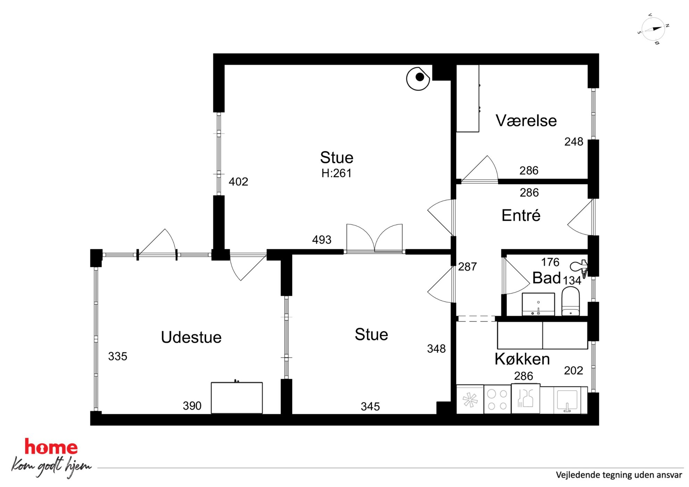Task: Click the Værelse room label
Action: [x=526, y=121]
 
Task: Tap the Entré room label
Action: [x=521, y=215]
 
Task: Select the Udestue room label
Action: [x=191, y=337]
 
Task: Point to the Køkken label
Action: [x=522, y=359]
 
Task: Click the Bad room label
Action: [x=546, y=278]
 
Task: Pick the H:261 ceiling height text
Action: [x=336, y=173]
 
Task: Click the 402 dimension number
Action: [x=238, y=182]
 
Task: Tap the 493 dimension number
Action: [x=322, y=240]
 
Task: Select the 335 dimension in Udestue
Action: [x=117, y=356]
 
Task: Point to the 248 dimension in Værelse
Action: [x=574, y=142]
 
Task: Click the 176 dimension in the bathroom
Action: [x=550, y=262]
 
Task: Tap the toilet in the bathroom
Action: [x=571, y=301]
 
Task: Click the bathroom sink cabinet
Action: [x=538, y=304]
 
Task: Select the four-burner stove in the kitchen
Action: [x=497, y=399]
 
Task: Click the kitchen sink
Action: [x=567, y=400]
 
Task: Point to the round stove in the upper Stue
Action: [x=418, y=78]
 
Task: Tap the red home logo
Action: [x=51, y=446]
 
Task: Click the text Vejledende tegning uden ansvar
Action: [x=619, y=475]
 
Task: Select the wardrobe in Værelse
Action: [x=467, y=99]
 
